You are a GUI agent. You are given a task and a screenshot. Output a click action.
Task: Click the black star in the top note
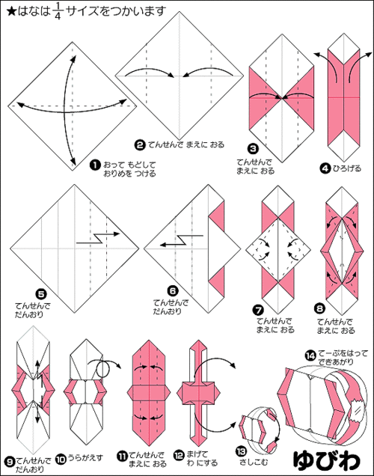coord(11,11)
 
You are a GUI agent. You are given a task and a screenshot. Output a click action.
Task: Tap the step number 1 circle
coord(95,165)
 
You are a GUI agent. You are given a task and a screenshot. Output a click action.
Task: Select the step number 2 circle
coord(140,145)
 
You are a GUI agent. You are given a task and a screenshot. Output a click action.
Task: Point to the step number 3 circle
coord(253,149)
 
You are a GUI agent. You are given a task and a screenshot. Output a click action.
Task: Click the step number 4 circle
coord(325,168)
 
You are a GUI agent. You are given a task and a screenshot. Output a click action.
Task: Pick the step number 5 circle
coord(40,294)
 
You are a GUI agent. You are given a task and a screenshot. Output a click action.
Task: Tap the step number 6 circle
coord(172,291)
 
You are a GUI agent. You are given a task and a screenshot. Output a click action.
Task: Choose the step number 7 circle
coord(258,311)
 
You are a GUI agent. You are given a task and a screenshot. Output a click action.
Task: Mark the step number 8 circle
coord(319,309)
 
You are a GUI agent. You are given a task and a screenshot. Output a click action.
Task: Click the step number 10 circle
coord(61,460)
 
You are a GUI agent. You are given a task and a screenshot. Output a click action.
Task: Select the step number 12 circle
coord(179,455)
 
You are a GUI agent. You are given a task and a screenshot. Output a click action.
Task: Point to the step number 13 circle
coord(241,452)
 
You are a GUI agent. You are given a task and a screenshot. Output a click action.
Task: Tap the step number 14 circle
coord(310,356)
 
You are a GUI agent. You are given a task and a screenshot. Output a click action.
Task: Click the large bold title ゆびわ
coord(327,460)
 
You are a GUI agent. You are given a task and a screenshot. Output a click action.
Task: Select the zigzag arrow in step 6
coord(181,240)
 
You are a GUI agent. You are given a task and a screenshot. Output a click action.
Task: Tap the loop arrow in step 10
coord(104,368)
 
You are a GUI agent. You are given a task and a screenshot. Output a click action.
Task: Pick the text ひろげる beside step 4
coord(347,168)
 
